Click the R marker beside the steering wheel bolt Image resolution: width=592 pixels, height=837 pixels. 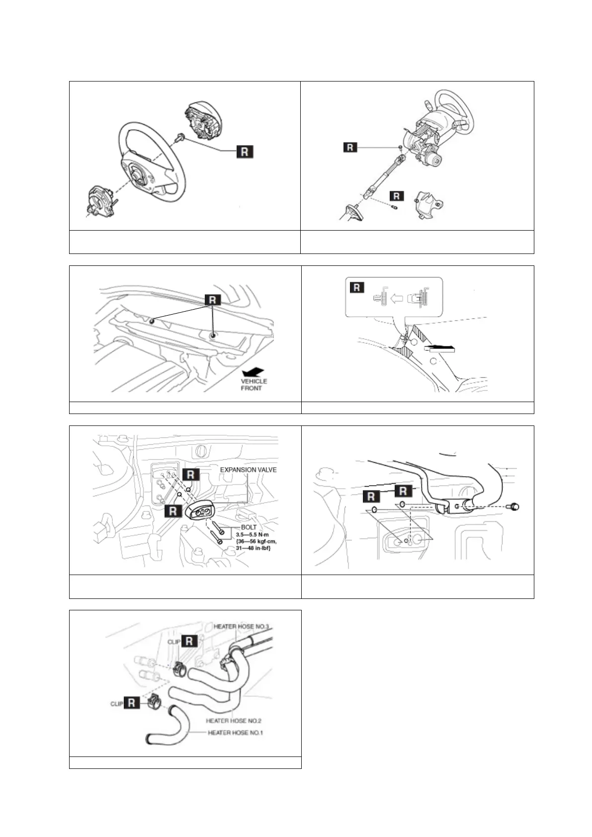click(x=244, y=152)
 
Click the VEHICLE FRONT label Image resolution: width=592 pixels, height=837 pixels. click(x=254, y=384)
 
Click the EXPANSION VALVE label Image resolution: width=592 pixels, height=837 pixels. click(x=248, y=470)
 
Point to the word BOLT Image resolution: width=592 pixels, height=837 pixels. click(x=249, y=527)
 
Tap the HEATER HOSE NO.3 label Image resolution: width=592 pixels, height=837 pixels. click(x=241, y=627)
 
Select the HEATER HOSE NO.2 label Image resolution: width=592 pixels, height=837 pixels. click(x=234, y=720)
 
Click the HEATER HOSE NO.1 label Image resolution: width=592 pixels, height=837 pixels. click(x=235, y=733)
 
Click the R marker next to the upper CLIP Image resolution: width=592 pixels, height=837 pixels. click(x=189, y=641)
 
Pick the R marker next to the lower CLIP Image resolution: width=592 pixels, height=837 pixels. click(x=131, y=703)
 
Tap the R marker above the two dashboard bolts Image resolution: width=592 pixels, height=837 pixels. click(x=212, y=300)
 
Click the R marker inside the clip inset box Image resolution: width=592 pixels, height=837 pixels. click(x=357, y=287)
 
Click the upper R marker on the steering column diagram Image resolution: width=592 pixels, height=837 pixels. click(x=350, y=147)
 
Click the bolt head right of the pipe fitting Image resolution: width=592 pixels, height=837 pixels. click(x=514, y=506)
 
